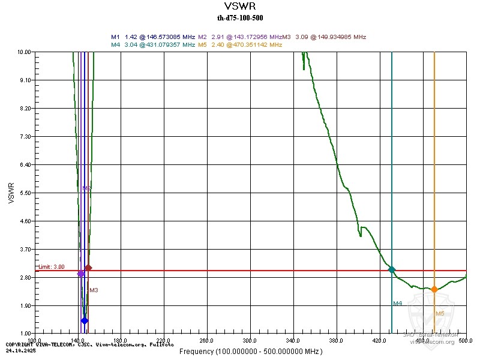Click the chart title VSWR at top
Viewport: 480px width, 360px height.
239,7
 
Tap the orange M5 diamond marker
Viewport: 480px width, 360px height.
434,289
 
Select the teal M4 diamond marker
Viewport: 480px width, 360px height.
392,269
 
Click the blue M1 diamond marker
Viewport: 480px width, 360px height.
85,320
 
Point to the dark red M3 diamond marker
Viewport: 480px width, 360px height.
88,268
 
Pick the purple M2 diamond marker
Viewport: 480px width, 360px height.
81,274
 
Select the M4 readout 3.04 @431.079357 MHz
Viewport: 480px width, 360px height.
153,44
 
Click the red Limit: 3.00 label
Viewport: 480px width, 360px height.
51,266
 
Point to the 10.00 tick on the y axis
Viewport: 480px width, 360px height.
25,52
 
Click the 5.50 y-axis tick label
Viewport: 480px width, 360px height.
25,193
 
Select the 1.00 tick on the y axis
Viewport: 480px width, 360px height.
25,334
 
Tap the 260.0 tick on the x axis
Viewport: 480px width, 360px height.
207,341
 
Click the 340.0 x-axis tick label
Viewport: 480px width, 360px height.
293,341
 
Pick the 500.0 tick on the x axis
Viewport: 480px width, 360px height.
466,341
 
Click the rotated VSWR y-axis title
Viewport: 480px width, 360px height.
11,193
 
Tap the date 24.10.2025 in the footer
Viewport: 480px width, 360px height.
20,350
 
